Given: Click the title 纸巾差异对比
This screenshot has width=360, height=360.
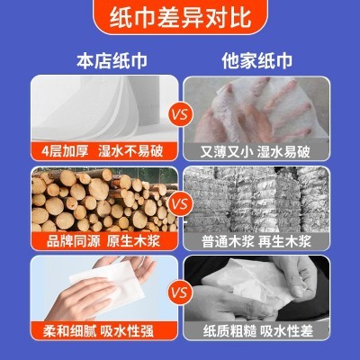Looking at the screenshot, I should point(180,20).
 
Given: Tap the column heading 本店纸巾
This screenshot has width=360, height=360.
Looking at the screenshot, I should point(99,62).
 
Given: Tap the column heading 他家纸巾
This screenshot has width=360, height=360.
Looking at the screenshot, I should point(260,62).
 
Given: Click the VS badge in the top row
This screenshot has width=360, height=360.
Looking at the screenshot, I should point(180,115).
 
